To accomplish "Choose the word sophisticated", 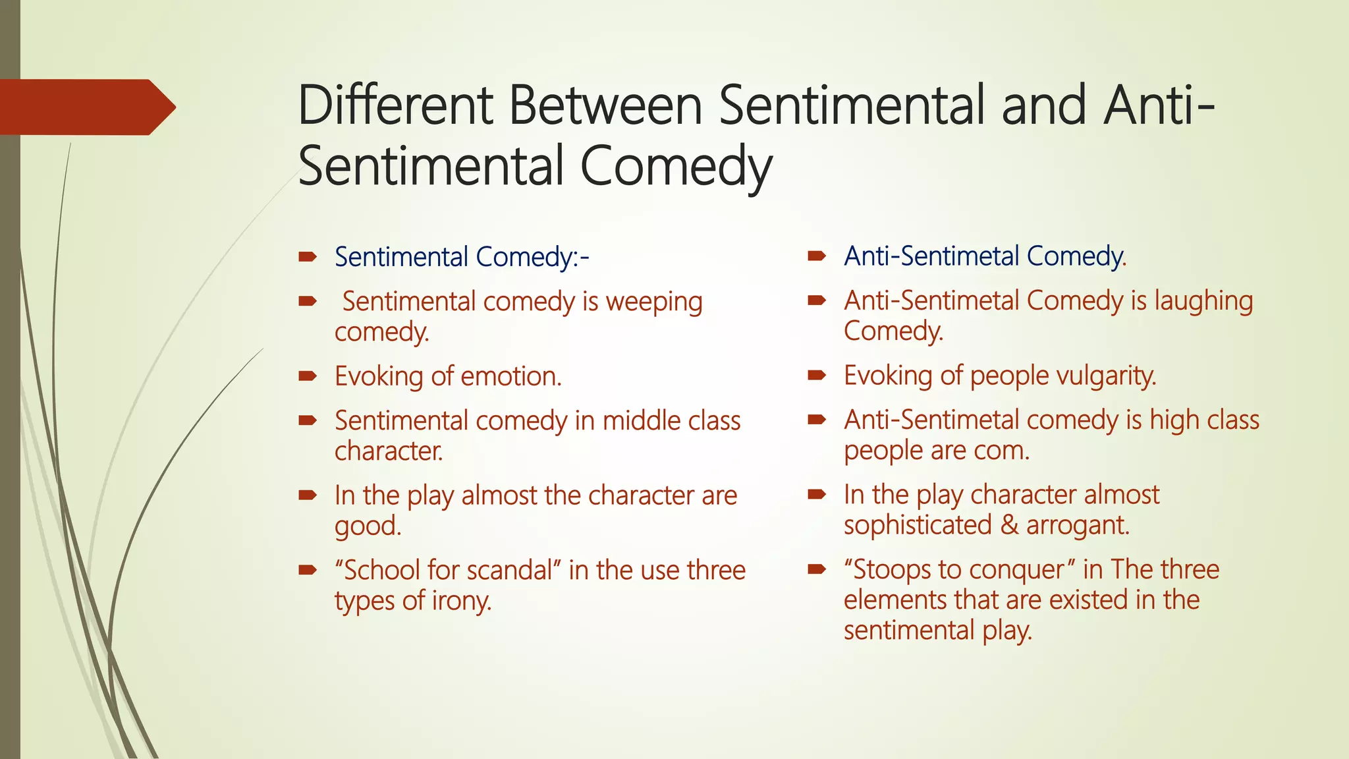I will click(918, 526).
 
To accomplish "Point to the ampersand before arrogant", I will click(1008, 526).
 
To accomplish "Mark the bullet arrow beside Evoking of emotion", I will click(308, 377).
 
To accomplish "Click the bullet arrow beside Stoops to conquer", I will click(817, 569).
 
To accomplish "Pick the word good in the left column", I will click(368, 526).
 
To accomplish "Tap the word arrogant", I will click(1078, 526).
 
